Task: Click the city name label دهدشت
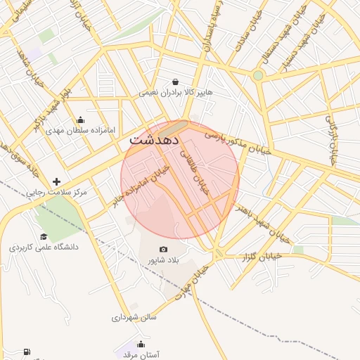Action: point(153,141)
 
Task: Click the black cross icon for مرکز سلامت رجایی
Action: point(56,181)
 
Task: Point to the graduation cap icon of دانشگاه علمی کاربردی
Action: point(44,237)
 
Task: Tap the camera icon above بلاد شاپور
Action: point(164,249)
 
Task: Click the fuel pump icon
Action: point(27,352)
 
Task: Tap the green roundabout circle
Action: point(258,75)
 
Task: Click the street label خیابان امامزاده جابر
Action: point(140,187)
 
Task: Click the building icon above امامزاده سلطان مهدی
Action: point(79,120)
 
